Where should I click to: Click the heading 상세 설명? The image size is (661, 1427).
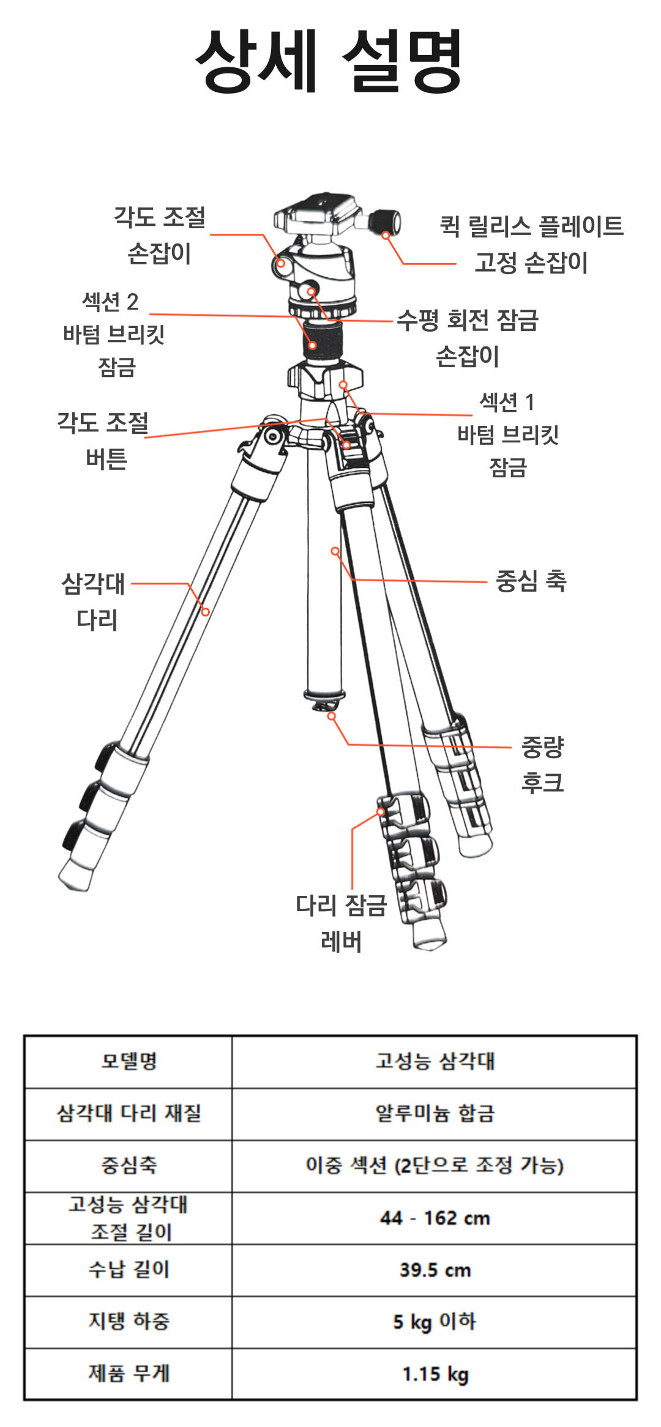(329, 61)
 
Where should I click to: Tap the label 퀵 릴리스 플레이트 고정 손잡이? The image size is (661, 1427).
(531, 244)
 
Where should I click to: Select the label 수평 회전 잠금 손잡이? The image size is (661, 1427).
(468, 337)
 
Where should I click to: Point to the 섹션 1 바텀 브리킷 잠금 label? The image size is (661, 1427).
(507, 434)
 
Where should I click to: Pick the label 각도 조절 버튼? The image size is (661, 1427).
(103, 440)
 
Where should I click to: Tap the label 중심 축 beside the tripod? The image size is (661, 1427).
(531, 581)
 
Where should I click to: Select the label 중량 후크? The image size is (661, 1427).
(542, 764)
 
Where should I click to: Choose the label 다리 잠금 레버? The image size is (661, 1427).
(341, 923)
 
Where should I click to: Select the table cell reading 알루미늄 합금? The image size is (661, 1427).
(435, 1113)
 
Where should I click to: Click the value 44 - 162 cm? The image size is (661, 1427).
(435, 1218)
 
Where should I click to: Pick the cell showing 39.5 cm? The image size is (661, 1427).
(435, 1270)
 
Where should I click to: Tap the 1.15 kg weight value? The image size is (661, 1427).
(435, 1374)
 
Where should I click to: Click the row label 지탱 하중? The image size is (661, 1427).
(129, 1321)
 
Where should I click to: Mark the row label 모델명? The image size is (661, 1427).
(129, 1061)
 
